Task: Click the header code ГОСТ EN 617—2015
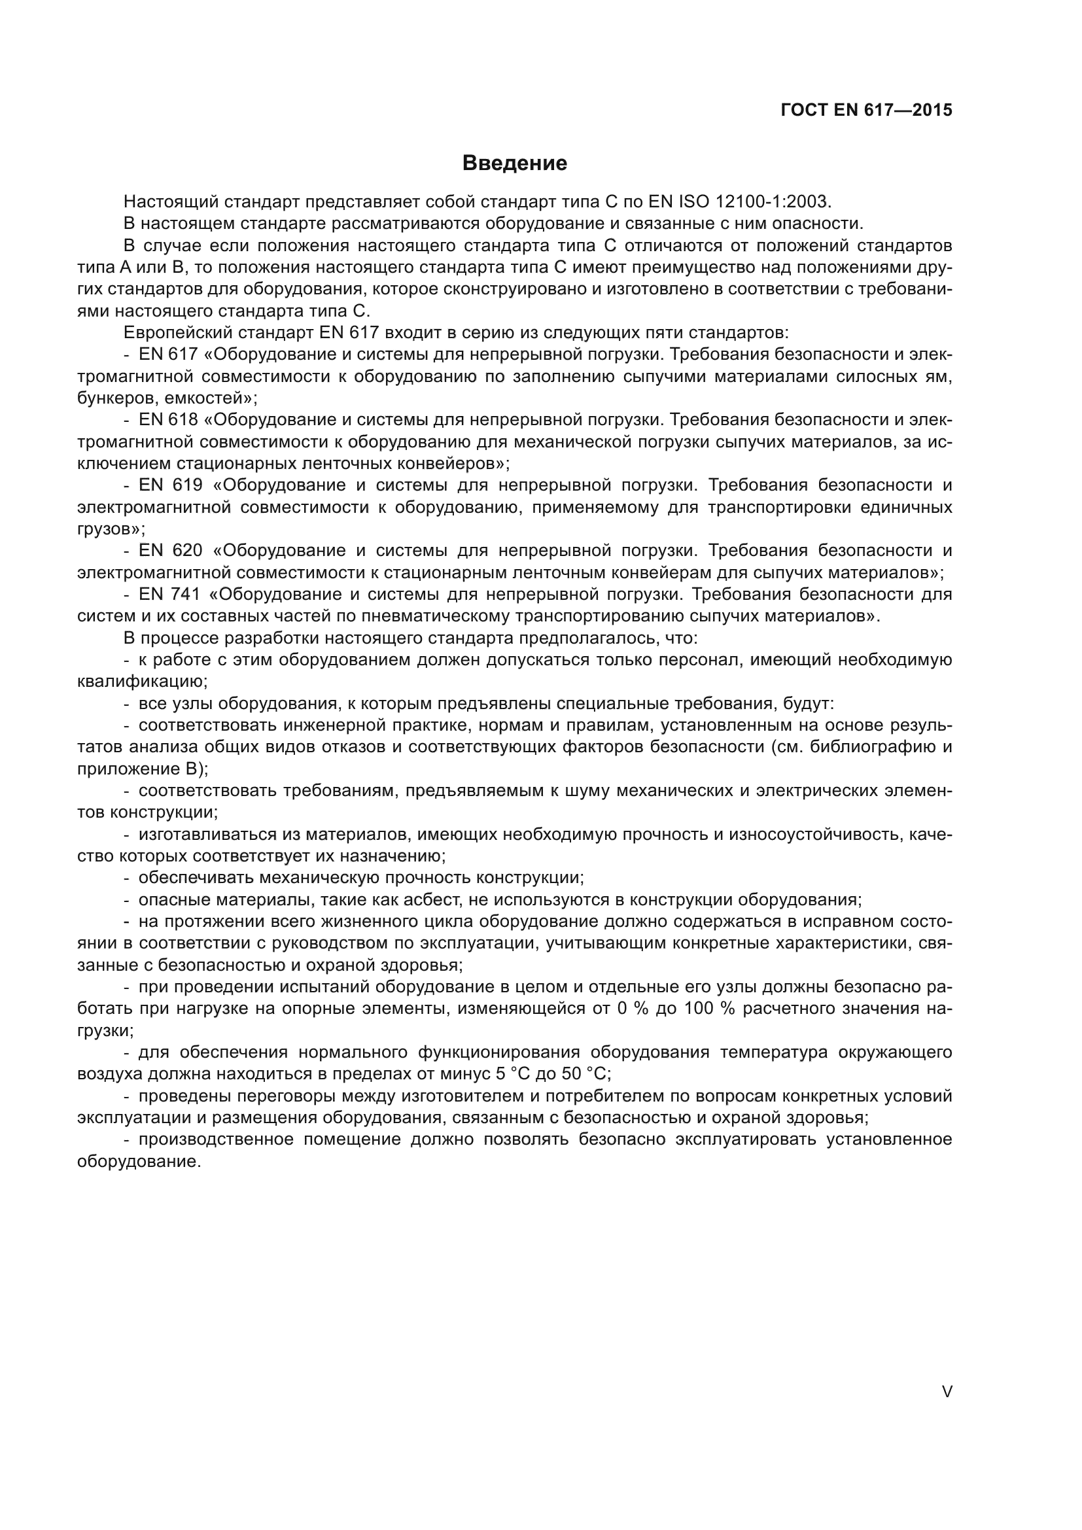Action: pyautogui.click(x=866, y=111)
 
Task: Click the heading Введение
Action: pyautogui.click(x=514, y=164)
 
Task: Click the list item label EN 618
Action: pyautogui.click(x=169, y=420)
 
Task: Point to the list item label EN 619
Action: pyautogui.click(x=171, y=485)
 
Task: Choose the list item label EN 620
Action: pyautogui.click(x=171, y=550)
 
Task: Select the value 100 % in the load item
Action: pyautogui.click(x=709, y=1009)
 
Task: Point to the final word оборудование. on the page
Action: pyautogui.click(x=139, y=1162)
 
